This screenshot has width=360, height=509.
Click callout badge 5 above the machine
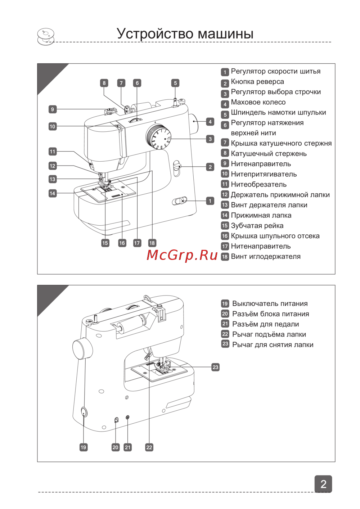click(x=175, y=83)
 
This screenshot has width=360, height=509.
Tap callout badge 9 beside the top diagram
click(x=53, y=109)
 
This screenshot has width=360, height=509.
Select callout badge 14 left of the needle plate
click(x=53, y=193)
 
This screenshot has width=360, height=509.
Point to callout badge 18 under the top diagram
click(x=152, y=243)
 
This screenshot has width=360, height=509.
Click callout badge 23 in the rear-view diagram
click(x=215, y=367)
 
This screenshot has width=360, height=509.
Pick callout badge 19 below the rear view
click(x=84, y=447)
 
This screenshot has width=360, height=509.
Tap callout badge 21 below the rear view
click(x=128, y=447)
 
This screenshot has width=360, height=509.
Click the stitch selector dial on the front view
click(x=159, y=137)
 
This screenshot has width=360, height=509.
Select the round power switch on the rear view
click(x=84, y=412)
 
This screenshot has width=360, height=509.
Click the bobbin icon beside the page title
click(x=46, y=37)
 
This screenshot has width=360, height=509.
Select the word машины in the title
click(x=225, y=33)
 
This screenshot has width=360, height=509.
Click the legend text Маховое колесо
click(x=258, y=102)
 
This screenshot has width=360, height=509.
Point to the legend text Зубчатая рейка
click(x=257, y=226)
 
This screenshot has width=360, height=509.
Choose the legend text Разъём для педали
click(x=265, y=324)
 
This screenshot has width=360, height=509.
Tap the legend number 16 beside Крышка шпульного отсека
click(x=225, y=236)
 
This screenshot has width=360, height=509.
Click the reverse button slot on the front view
click(x=177, y=168)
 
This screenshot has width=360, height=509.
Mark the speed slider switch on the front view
click(x=180, y=201)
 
